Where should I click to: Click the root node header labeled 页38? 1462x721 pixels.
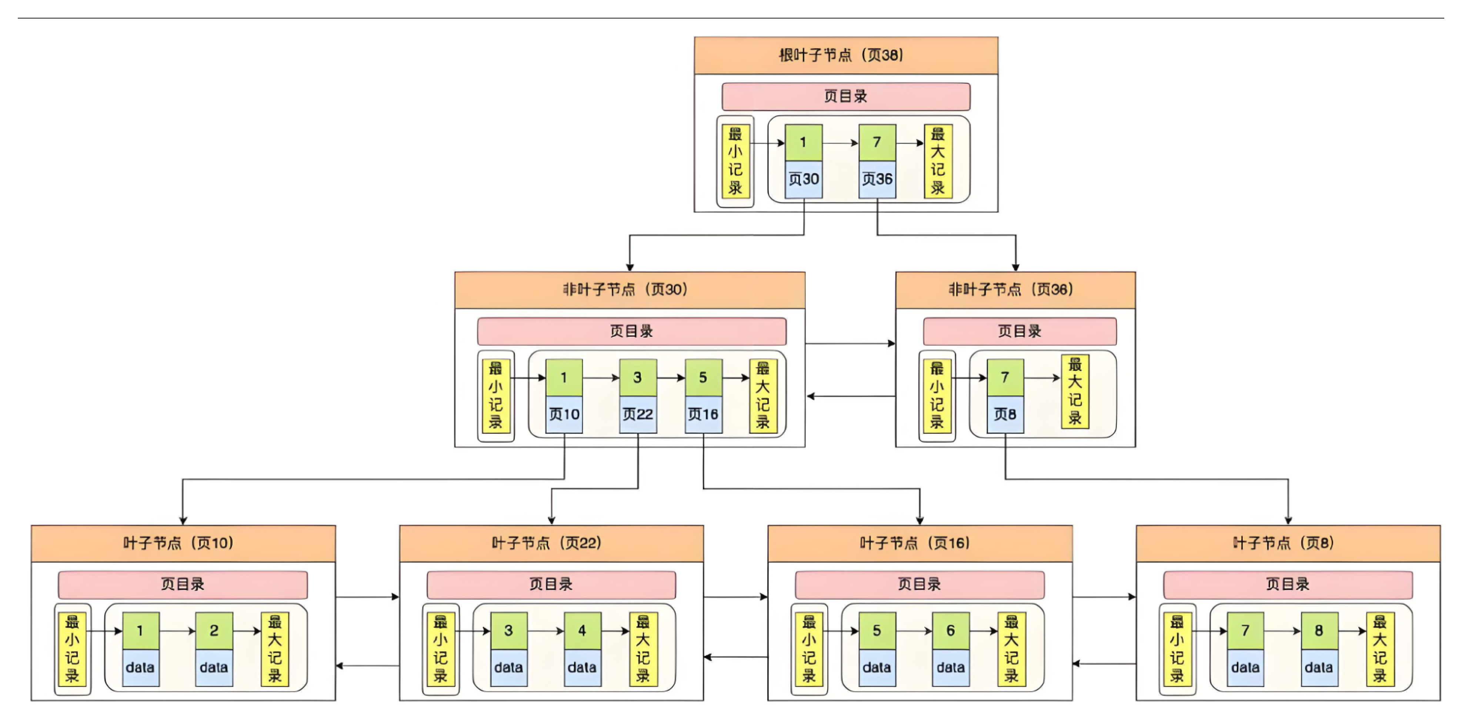pyautogui.click(x=846, y=55)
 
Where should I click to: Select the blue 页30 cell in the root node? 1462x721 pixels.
pyautogui.click(x=803, y=179)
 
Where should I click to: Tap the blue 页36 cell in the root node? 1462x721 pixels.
pyautogui.click(x=877, y=179)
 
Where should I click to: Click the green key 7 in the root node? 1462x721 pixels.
pyautogui.click(x=877, y=142)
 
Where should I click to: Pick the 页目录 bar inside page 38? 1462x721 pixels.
pyautogui.click(x=846, y=97)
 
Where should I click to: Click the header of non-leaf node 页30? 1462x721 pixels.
pyautogui.click(x=630, y=290)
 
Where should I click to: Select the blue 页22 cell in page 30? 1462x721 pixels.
pyautogui.click(x=637, y=414)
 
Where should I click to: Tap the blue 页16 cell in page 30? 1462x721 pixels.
pyautogui.click(x=703, y=414)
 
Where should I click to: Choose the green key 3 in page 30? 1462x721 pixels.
pyautogui.click(x=637, y=377)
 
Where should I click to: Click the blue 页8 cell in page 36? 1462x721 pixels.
pyautogui.click(x=1005, y=414)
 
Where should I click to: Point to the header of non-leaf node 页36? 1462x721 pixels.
pyautogui.click(x=1015, y=290)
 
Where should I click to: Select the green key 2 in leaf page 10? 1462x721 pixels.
pyautogui.click(x=214, y=630)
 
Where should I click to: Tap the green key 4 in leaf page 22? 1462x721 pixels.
pyautogui.click(x=582, y=630)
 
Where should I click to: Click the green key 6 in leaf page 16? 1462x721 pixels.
pyautogui.click(x=950, y=630)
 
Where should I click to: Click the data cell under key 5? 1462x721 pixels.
pyautogui.click(x=877, y=668)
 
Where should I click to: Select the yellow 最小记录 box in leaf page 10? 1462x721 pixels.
pyautogui.click(x=72, y=649)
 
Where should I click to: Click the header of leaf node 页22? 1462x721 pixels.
pyautogui.click(x=551, y=543)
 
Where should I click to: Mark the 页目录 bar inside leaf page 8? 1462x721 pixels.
pyautogui.click(x=1287, y=584)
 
